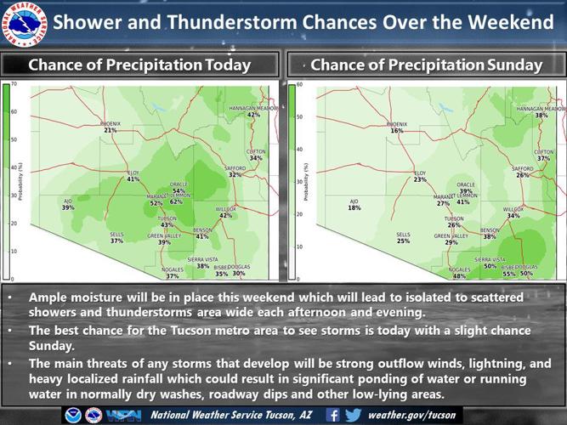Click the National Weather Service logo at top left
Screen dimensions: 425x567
[x=24, y=25]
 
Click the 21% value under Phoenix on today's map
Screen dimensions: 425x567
[x=110, y=131]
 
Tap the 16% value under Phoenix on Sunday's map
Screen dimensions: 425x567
[x=397, y=131]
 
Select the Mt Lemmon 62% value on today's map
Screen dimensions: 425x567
[x=176, y=201]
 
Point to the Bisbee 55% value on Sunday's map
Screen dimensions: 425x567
[x=509, y=274]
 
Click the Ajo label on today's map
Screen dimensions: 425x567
[x=68, y=201]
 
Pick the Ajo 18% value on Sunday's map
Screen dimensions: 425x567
[x=354, y=207]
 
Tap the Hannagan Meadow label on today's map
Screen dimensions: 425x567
[x=253, y=108]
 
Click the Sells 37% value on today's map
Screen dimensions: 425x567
[x=116, y=241]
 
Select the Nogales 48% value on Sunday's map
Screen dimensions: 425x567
[x=459, y=275]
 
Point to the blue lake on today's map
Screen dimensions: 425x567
[x=156, y=108]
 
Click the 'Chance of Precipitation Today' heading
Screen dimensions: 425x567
[x=140, y=65]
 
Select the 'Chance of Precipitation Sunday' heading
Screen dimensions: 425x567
[x=427, y=65]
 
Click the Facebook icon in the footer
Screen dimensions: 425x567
[x=333, y=415]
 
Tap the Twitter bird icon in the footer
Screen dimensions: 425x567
[x=354, y=415]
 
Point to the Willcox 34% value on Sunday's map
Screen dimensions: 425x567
[x=513, y=216]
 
